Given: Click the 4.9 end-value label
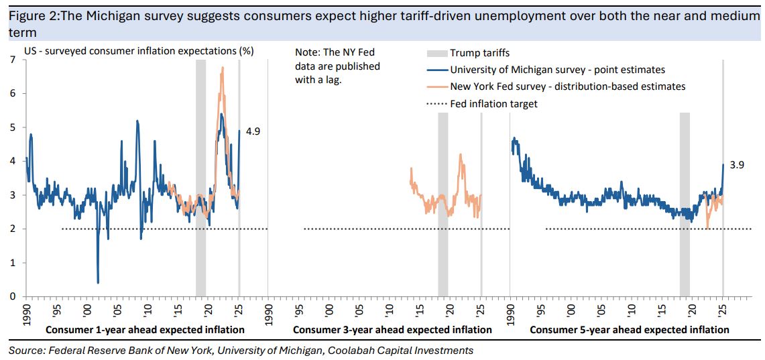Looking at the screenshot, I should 253,132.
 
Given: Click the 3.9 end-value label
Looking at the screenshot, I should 737,166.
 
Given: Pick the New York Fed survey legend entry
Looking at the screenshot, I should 567,86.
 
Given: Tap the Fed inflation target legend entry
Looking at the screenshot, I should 494,104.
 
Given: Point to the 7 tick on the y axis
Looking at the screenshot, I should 13,60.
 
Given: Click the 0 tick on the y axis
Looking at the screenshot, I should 13,296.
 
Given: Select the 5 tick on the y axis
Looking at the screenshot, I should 13,127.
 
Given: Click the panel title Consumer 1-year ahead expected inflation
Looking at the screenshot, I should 144,330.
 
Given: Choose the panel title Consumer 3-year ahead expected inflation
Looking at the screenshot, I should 392,330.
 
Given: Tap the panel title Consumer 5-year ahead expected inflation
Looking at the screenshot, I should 629,330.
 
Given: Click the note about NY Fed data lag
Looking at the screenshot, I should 337,66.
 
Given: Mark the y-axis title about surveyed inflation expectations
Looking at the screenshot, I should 139,51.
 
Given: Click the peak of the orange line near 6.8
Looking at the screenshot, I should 223,67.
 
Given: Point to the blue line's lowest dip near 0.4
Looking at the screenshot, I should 98,282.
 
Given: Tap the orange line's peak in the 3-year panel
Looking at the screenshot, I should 461,155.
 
